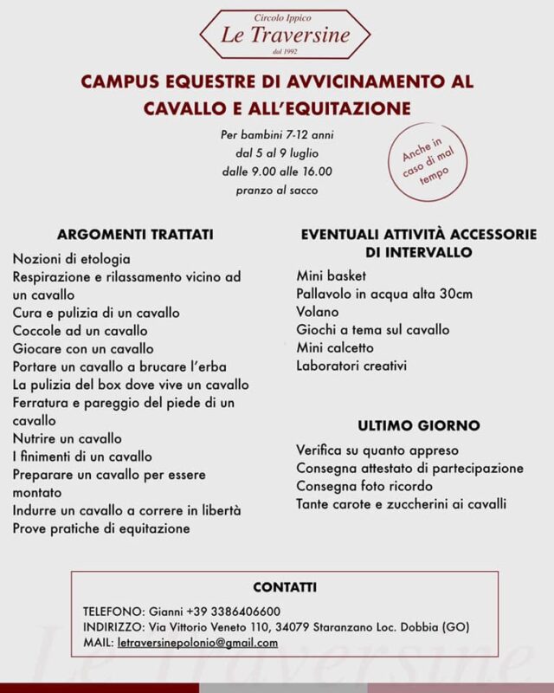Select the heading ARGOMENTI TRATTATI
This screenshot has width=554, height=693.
pyautogui.click(x=136, y=235)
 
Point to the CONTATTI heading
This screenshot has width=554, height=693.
pyautogui.click(x=285, y=586)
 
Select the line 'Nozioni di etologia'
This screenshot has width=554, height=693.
pyautogui.click(x=72, y=258)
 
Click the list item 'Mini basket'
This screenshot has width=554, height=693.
pyautogui.click(x=331, y=275)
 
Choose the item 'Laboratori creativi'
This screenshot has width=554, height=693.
pyautogui.click(x=351, y=366)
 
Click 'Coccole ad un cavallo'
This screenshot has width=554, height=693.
pyautogui.click(x=80, y=330)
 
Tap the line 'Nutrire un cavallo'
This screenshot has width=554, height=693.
pyautogui.click(x=68, y=438)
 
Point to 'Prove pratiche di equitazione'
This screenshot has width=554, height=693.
pyautogui.click(x=101, y=528)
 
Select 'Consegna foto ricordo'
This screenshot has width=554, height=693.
pyautogui.click(x=364, y=486)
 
